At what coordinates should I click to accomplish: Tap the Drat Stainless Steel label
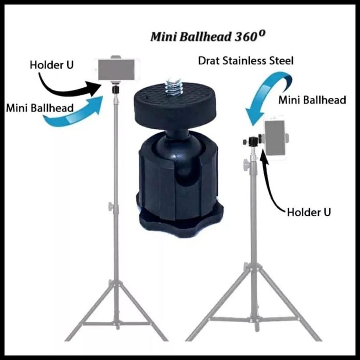[x=245, y=61]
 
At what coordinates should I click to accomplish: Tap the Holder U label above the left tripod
[x=52, y=65]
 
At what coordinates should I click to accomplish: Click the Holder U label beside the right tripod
[x=309, y=212]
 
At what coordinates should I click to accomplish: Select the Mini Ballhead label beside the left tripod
[x=39, y=108]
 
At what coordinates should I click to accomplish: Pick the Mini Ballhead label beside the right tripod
[x=312, y=100]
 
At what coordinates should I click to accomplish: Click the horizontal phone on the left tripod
[x=116, y=70]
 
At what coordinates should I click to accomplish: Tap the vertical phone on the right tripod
[x=275, y=138]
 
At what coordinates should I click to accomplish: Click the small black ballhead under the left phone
[x=115, y=90]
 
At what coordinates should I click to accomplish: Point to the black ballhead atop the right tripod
[x=253, y=142]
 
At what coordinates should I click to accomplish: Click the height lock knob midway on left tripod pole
[x=111, y=207]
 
